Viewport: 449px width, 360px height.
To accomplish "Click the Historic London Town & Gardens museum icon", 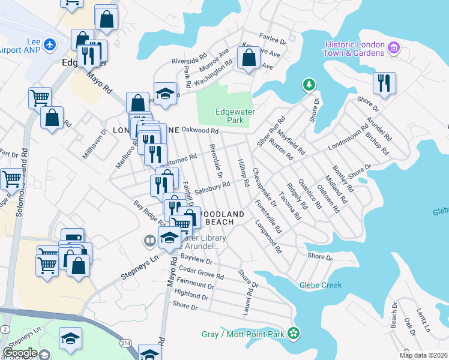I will (394, 47).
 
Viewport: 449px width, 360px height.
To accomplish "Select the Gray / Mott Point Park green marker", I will (294, 332).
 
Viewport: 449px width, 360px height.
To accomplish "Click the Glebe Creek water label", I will (321, 285).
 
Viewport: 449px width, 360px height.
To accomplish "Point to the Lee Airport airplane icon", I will (49, 44).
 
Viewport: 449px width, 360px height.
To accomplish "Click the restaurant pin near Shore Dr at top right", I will (384, 83).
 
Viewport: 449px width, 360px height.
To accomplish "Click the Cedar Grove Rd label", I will (201, 272).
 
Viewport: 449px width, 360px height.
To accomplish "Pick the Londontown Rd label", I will (348, 139).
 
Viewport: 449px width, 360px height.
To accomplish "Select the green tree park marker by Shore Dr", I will (309, 85).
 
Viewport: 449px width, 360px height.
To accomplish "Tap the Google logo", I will (20, 353).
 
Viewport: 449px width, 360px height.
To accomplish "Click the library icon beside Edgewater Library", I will (149, 242).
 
